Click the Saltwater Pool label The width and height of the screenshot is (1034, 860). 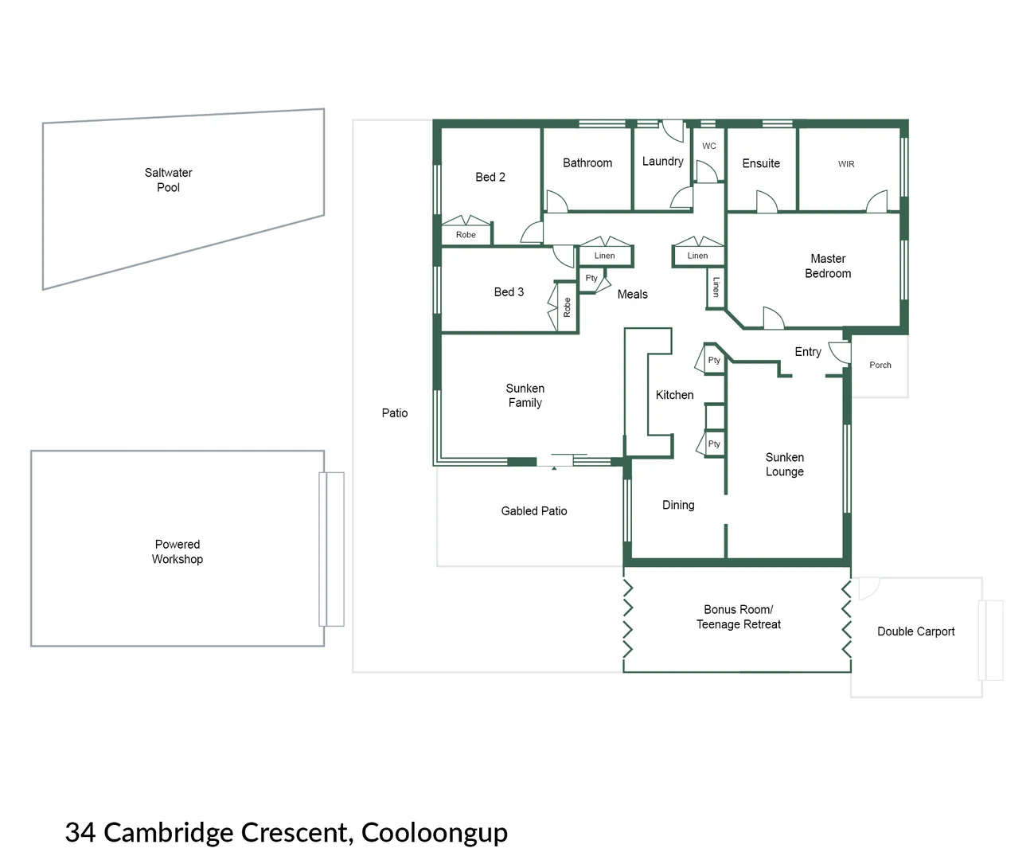168,180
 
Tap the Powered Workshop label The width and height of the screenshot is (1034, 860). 178,552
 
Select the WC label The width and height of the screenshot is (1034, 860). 708,146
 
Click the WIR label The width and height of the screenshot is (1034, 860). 846,164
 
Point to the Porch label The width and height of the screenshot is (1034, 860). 880,365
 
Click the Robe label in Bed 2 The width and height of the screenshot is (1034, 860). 466,235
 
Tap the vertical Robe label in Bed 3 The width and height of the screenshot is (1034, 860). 567,307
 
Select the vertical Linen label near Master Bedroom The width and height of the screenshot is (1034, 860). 716,287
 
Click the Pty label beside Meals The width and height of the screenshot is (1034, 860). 591,278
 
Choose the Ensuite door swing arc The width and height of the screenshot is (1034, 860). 767,201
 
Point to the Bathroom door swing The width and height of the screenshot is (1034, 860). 556,201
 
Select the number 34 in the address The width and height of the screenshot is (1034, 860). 80,832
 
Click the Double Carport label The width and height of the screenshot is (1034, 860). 915,631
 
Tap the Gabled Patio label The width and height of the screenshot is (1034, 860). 534,511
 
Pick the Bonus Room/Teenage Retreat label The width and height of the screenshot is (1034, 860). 738,617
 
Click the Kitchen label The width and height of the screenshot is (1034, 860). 674,395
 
